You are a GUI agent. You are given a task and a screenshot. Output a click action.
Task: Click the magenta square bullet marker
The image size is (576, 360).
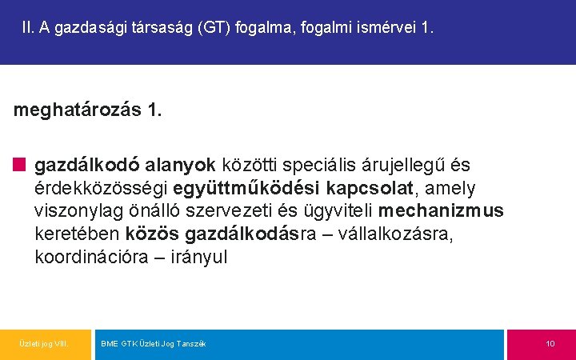click(19, 166)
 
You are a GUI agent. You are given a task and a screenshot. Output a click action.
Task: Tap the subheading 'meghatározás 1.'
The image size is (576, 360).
click(87, 110)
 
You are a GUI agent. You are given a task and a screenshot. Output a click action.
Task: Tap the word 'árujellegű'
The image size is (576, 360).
click(407, 166)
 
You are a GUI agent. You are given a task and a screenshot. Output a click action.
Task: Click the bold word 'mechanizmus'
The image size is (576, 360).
click(441, 211)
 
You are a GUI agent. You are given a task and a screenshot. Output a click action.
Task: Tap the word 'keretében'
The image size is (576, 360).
click(77, 234)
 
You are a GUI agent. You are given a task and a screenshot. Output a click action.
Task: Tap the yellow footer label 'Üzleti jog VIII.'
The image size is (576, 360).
click(44, 344)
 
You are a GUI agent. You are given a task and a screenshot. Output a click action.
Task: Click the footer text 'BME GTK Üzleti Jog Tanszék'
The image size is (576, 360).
click(154, 344)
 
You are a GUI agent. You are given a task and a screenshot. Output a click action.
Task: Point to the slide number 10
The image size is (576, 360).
click(550, 344)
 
